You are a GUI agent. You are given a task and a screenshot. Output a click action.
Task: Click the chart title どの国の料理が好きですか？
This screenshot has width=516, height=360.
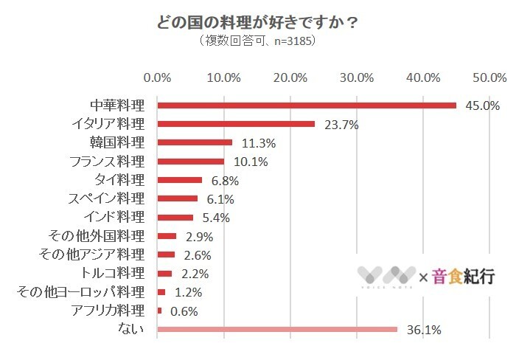(x=257, y=22)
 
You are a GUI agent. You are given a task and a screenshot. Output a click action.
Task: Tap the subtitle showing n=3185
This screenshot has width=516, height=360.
(x=257, y=41)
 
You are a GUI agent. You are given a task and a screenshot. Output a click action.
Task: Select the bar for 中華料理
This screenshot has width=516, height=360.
(x=307, y=105)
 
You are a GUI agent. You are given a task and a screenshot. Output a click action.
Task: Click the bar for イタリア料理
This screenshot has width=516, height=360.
(x=236, y=124)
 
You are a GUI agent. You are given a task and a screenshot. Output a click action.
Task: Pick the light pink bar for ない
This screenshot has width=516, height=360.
(x=277, y=330)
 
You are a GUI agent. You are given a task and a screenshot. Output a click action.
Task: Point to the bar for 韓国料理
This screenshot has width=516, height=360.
(x=195, y=142)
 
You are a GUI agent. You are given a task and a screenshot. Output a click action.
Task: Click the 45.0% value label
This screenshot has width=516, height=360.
(x=482, y=105)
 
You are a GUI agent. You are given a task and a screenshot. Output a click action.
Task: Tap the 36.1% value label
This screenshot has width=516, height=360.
(x=423, y=330)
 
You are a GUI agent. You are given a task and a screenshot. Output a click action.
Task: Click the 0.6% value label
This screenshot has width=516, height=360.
(x=184, y=311)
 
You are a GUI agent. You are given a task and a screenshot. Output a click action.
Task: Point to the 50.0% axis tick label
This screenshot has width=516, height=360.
(x=489, y=77)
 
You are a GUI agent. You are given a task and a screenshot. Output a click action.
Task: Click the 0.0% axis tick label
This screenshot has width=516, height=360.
(x=157, y=77)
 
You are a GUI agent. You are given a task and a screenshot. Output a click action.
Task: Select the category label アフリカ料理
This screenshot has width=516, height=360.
(x=108, y=311)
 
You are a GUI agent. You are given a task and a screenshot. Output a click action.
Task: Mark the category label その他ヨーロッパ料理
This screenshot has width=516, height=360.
(x=80, y=292)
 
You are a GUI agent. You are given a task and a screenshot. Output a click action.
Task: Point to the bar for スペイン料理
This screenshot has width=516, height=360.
(x=178, y=198)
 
